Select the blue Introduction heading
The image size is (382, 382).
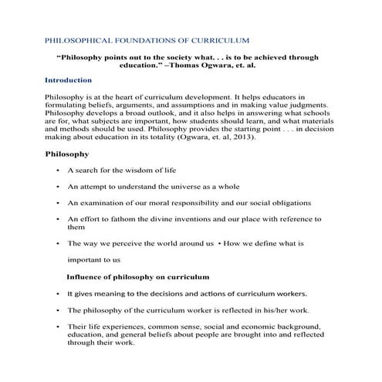pos(69,80)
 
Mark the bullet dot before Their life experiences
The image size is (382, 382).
pos(57,327)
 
